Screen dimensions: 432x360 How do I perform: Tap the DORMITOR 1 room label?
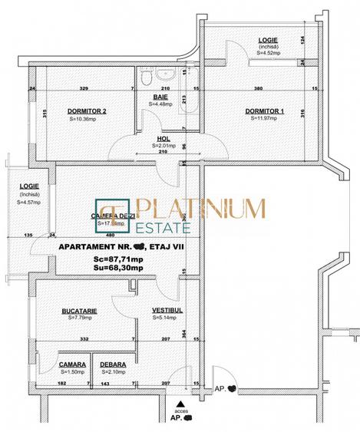pyautogui.click(x=265, y=111)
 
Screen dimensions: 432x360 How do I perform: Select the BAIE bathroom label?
pyautogui.click(x=161, y=97)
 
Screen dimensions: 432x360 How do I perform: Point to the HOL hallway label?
pyautogui.click(x=163, y=138)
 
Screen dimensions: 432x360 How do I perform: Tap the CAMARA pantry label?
pyautogui.click(x=72, y=365)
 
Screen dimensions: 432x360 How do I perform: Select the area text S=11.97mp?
pyautogui.click(x=265, y=119)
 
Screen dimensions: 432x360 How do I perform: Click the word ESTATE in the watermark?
pyautogui.click(x=160, y=228)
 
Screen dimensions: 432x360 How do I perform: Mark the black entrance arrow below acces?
pyautogui.click(x=180, y=403)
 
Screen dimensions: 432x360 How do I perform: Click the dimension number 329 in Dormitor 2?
pyautogui.click(x=84, y=88)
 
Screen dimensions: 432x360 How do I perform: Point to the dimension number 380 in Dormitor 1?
pyautogui.click(x=259, y=88)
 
